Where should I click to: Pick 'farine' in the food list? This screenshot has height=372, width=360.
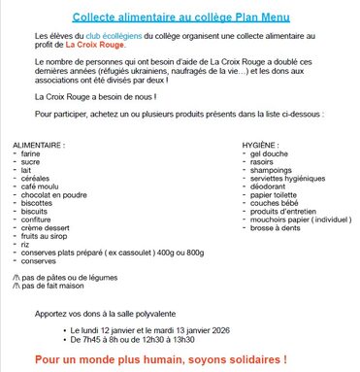(x=30, y=152)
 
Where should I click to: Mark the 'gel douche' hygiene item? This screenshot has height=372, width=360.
(x=269, y=152)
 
